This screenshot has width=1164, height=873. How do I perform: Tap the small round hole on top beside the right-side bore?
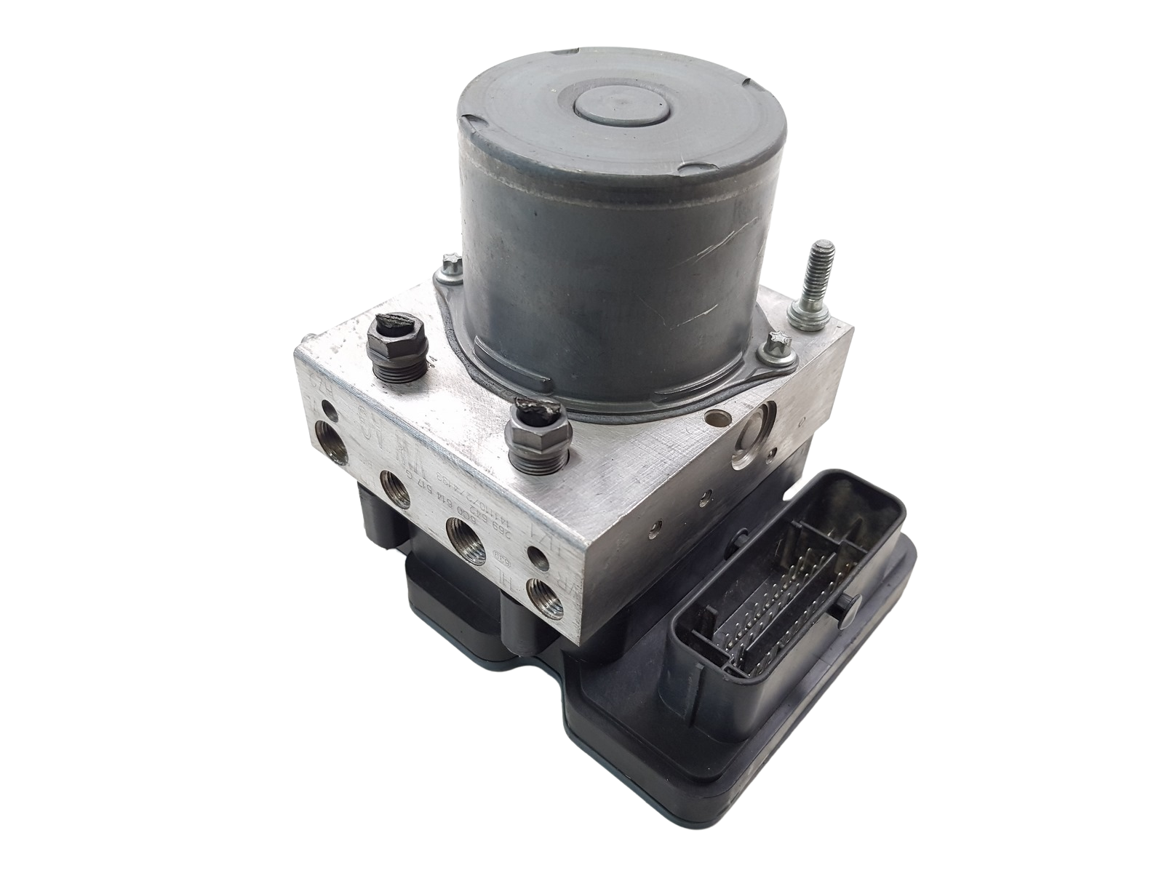[x=719, y=418]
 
